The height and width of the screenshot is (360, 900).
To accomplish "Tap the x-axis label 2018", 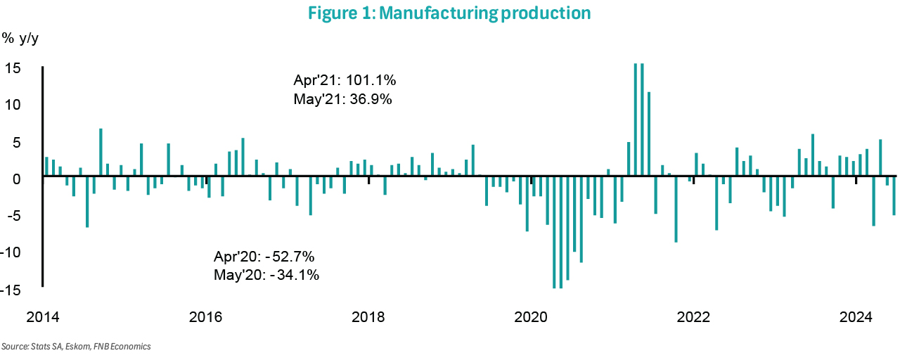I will (x=368, y=317).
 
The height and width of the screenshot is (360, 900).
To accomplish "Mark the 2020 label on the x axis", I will (x=531, y=317).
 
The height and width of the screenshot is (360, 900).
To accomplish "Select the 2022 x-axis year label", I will (x=693, y=317).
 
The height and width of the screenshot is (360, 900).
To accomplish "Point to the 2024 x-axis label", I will (x=856, y=317).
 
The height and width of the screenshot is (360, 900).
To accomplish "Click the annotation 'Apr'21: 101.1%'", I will (x=349, y=80).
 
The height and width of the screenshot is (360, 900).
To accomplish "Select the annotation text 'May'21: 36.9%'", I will (x=342, y=99).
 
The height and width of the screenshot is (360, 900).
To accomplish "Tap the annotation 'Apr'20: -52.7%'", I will (x=270, y=256).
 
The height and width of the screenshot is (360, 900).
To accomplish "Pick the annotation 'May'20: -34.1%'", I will (x=266, y=275).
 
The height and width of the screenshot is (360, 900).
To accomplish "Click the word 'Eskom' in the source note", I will (x=72, y=347).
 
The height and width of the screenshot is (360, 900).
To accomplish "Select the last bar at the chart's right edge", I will (x=894, y=195).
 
